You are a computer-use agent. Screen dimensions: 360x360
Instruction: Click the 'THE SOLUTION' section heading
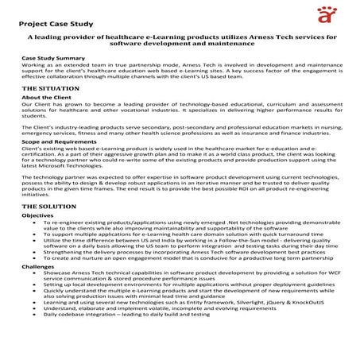click(x=49, y=206)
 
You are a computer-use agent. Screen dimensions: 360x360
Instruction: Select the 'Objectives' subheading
click(x=38, y=215)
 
